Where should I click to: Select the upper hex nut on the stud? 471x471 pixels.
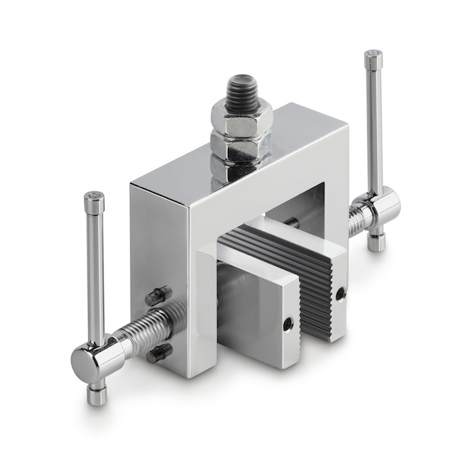[242, 121]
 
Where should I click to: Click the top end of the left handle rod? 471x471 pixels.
[94, 199]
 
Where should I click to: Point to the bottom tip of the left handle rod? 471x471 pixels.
[96, 396]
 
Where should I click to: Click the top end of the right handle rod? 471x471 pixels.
[373, 57]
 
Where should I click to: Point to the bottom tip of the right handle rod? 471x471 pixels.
[376, 245]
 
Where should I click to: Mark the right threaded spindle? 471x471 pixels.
[358, 220]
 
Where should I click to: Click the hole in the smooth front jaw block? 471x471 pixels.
[288, 324]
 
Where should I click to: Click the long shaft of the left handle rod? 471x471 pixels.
[95, 273]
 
